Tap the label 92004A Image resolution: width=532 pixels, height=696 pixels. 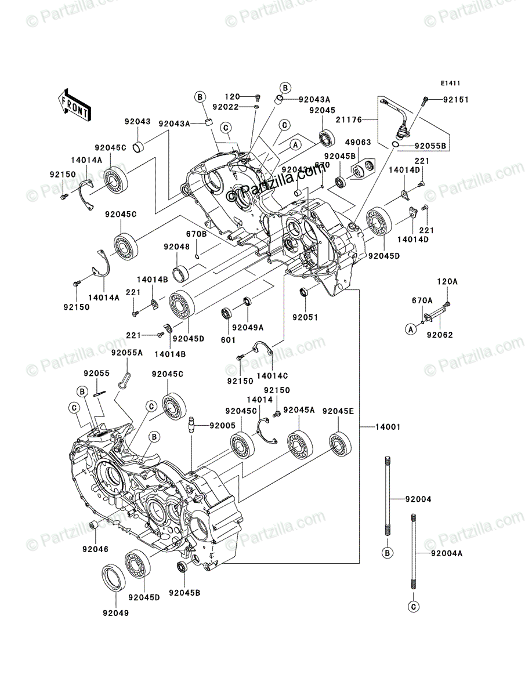pyautogui.click(x=446, y=553)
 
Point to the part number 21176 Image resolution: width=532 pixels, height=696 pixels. pyautogui.click(x=349, y=119)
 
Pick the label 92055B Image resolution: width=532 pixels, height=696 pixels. pyautogui.click(x=429, y=146)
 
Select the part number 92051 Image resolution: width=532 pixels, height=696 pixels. pyautogui.click(x=305, y=317)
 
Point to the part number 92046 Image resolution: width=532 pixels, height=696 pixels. pyautogui.click(x=96, y=548)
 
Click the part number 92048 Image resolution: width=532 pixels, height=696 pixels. pyautogui.click(x=176, y=246)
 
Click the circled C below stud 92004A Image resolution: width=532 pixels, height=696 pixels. pyautogui.click(x=413, y=607)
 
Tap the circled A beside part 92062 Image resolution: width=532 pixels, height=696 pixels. pyautogui.click(x=410, y=329)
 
